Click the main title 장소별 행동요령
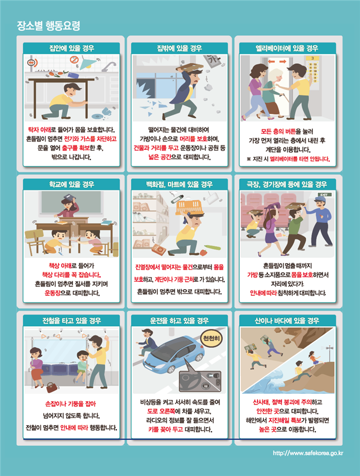click(48, 26)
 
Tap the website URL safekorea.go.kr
click(308, 453)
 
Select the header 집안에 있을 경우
click(72, 48)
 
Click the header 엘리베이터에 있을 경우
click(287, 48)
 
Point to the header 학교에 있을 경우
click(72, 184)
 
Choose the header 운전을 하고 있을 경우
click(179, 321)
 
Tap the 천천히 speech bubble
click(212, 338)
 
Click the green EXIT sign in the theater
click(325, 195)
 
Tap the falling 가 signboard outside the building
click(213, 62)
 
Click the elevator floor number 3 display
click(312, 58)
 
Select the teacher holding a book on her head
click(70, 206)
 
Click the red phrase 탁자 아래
click(40, 130)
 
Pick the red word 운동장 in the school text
click(53, 293)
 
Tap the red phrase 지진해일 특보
click(284, 420)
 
